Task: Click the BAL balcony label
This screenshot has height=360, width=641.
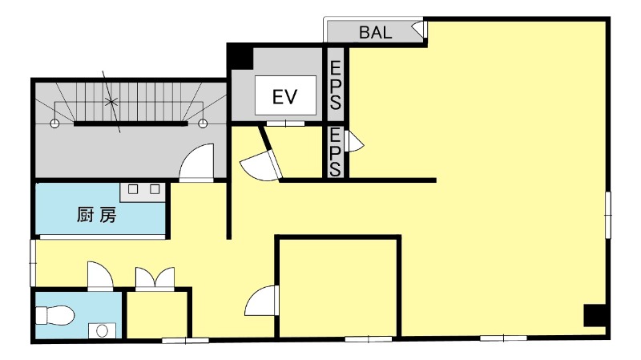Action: tap(375, 32)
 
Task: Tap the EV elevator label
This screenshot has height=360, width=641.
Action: tap(285, 97)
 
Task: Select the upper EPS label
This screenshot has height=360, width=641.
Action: tap(336, 86)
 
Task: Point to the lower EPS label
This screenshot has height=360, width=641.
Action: tap(335, 152)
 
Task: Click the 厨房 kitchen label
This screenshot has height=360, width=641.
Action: tap(97, 215)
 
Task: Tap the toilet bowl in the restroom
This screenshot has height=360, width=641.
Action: tap(54, 315)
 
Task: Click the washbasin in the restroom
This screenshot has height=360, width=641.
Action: tap(103, 330)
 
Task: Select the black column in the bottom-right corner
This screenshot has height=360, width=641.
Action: tap(595, 315)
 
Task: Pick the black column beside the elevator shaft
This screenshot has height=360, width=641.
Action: tap(240, 56)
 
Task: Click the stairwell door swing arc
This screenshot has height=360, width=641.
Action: tap(196, 162)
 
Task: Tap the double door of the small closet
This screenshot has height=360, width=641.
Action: tap(155, 278)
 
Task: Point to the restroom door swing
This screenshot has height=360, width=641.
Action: tap(100, 276)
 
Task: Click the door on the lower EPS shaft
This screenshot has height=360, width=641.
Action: tap(353, 141)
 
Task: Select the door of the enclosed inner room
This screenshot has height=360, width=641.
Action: tap(262, 301)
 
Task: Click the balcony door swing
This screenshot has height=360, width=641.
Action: tap(419, 30)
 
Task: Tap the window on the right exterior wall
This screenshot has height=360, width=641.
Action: tap(608, 215)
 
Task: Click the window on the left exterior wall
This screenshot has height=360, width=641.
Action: tap(33, 263)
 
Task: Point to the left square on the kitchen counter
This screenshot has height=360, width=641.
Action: tap(133, 189)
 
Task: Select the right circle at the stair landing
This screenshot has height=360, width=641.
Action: tap(203, 123)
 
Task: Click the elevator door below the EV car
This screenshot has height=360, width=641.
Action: tap(285, 123)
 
